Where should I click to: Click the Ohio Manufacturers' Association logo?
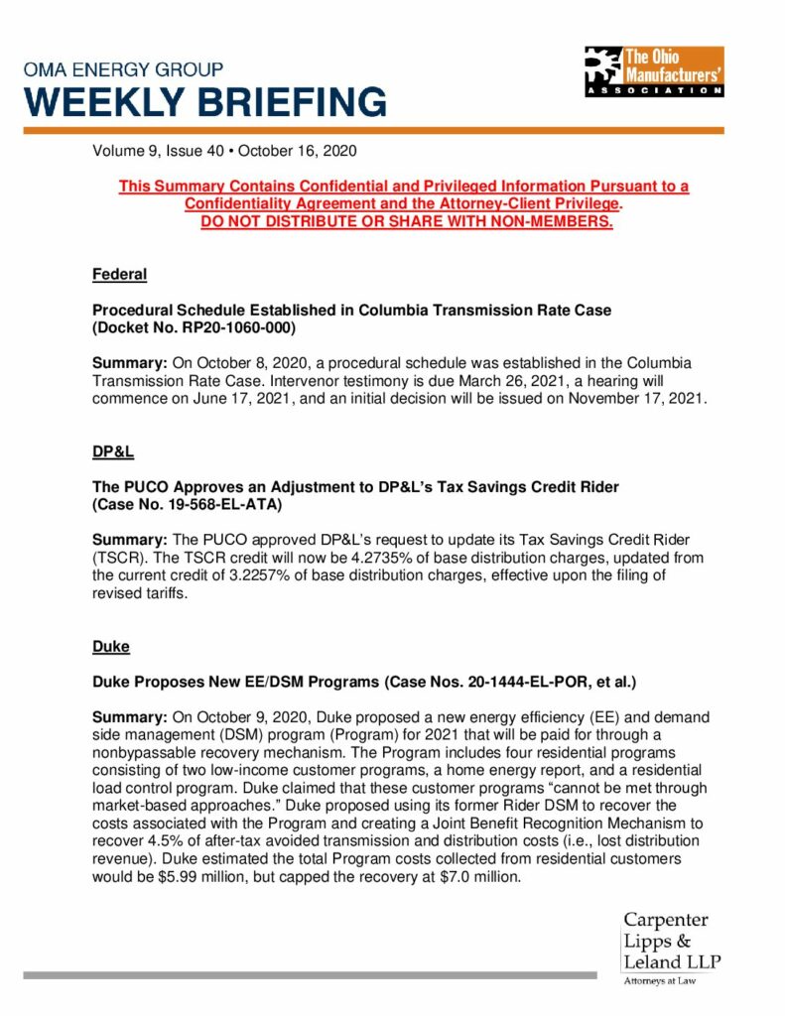click(x=653, y=70)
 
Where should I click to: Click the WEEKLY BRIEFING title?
click(x=205, y=102)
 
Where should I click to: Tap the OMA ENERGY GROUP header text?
click(x=123, y=70)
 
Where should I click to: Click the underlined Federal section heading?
click(x=119, y=273)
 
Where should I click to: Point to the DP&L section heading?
click(x=113, y=451)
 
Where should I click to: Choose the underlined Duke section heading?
click(x=110, y=646)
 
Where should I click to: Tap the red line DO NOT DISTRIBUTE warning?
click(x=407, y=220)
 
